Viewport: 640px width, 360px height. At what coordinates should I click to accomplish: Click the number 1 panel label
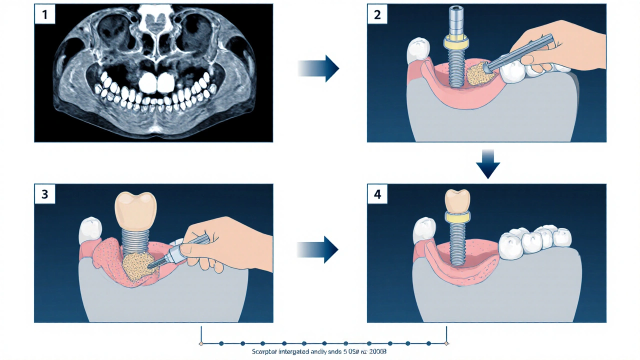(44, 14)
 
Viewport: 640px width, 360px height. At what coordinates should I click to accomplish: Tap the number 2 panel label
(377, 14)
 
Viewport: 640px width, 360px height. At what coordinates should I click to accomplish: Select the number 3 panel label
(44, 194)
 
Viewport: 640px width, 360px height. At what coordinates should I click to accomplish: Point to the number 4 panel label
(377, 194)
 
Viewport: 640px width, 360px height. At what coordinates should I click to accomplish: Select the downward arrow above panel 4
(487, 163)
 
